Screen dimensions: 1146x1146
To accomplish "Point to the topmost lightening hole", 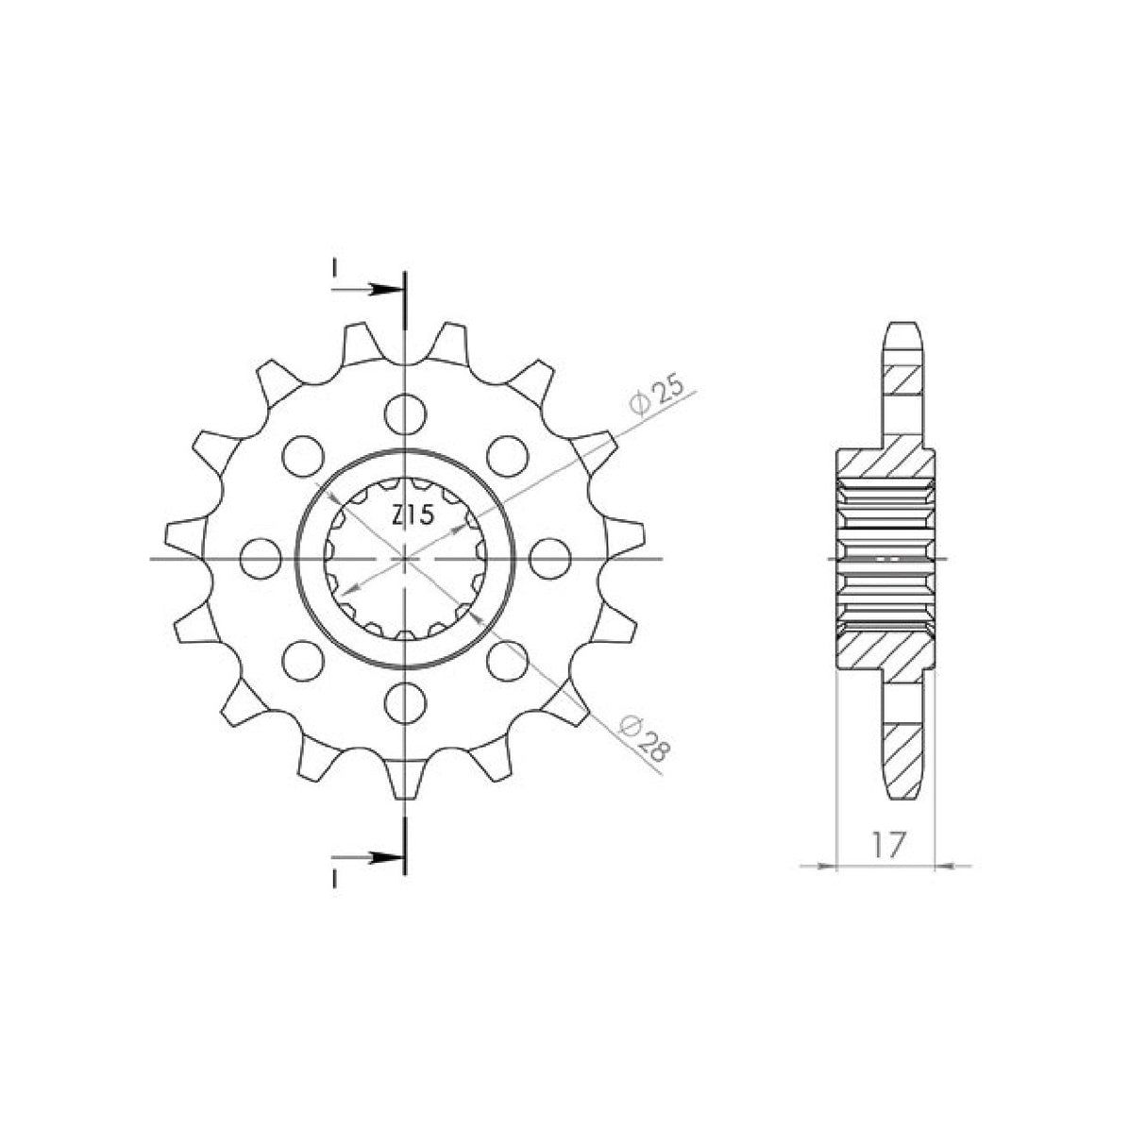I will (x=406, y=413).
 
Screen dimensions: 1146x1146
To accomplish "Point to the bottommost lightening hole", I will (x=406, y=699).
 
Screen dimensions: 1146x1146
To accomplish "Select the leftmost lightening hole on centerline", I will (x=260, y=557).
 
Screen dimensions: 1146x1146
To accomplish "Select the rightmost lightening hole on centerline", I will (x=548, y=557).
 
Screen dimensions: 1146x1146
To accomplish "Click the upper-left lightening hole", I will (x=302, y=454).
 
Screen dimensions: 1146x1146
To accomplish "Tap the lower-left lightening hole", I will (x=302, y=658).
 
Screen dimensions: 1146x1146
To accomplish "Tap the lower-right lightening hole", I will (x=507, y=658).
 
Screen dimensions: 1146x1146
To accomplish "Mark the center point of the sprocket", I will (x=406, y=558).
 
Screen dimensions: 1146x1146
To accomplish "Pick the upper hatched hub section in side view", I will (x=884, y=463).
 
